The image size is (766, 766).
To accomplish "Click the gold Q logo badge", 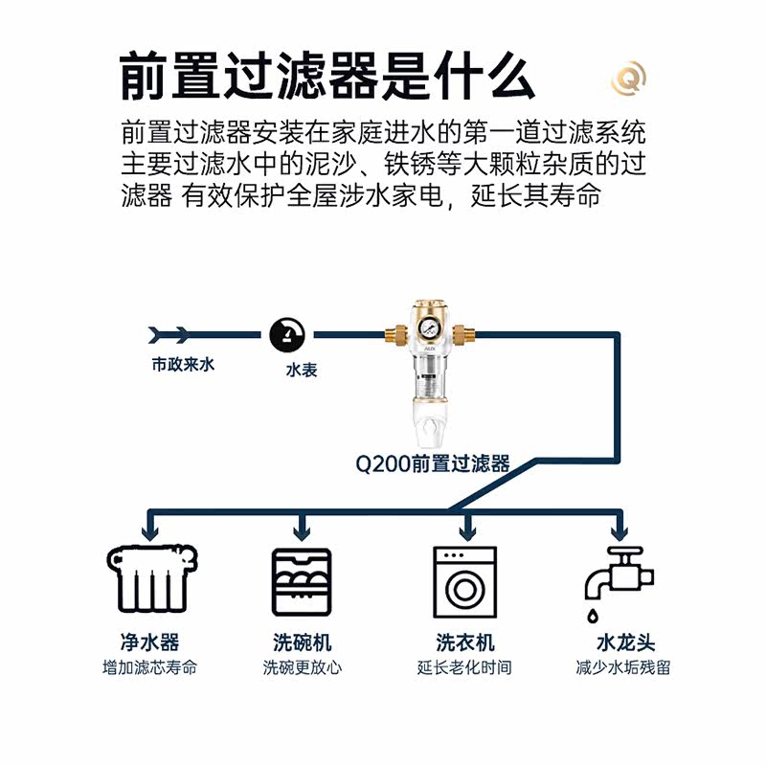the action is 629,78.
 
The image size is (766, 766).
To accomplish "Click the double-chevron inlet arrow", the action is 169,334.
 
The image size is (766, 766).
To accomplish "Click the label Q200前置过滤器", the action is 432,464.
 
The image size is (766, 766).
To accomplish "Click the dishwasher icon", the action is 302,581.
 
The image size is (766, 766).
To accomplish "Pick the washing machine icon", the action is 465,580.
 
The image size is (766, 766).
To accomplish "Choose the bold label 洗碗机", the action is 302,642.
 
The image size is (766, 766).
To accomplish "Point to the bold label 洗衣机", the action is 465,642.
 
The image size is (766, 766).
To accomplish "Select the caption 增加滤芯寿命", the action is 149,667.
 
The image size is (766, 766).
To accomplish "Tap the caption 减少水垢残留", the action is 623,667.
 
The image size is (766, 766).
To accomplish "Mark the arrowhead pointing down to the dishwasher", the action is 302,530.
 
